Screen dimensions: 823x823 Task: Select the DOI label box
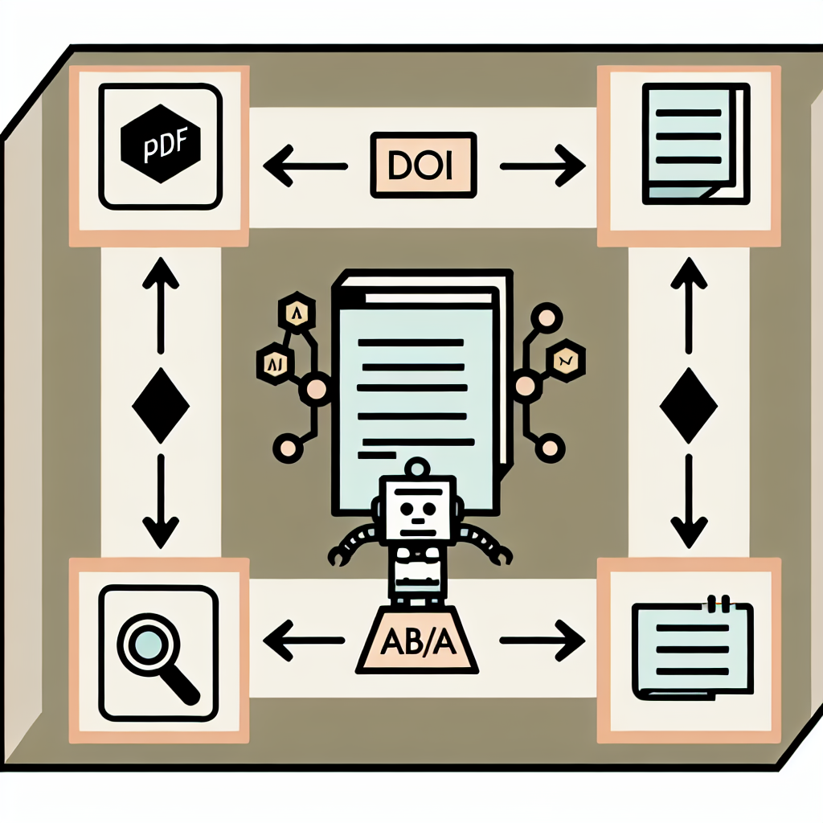pyautogui.click(x=423, y=166)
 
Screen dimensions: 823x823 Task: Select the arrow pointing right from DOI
pyautogui.click(x=543, y=167)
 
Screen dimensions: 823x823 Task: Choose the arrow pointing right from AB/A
pyautogui.click(x=543, y=641)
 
